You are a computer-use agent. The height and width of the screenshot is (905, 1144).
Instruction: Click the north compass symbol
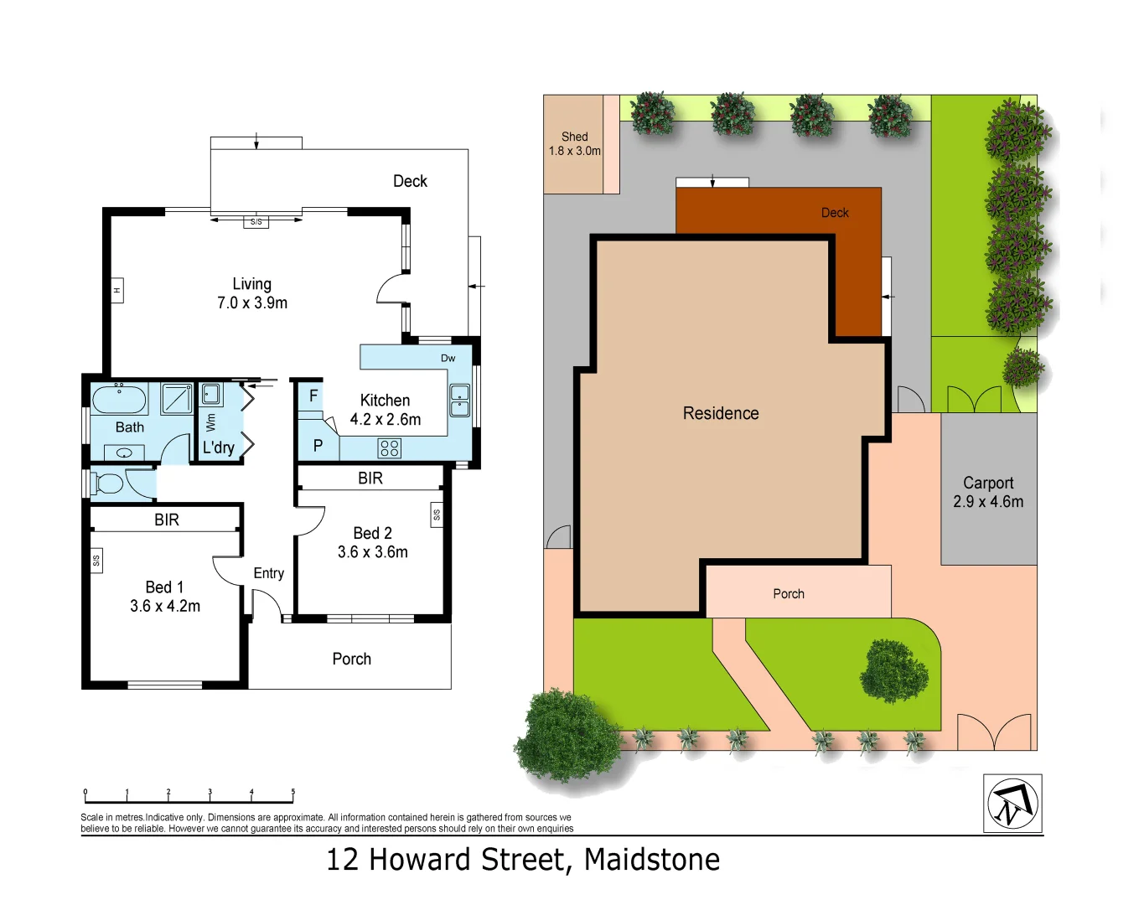[1012, 804]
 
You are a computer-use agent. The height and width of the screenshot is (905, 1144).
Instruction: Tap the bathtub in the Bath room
[119, 399]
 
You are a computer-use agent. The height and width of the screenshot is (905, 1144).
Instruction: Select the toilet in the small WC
[109, 484]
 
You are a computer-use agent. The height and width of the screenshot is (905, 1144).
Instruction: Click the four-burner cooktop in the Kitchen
[390, 448]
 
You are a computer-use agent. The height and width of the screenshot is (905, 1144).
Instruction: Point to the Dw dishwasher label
[448, 358]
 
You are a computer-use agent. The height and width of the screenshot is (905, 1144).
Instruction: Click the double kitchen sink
[459, 401]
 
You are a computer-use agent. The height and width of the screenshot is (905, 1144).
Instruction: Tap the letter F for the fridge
[313, 396]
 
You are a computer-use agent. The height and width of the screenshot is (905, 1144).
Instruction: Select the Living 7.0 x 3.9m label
[252, 293]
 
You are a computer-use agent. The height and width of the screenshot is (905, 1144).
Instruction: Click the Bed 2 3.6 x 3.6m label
[372, 542]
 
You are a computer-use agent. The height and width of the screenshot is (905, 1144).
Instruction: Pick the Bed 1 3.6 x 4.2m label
[165, 597]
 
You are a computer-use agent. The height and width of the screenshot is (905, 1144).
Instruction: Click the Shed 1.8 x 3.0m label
[574, 143]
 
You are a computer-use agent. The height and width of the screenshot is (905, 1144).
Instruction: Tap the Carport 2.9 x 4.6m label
[988, 492]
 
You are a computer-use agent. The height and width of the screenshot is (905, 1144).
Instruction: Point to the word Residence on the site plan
[721, 413]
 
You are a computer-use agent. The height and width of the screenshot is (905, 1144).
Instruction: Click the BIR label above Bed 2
[370, 478]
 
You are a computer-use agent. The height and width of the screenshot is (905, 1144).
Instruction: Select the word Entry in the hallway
[269, 573]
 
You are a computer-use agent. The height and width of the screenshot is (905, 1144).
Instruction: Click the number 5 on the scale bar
[292, 791]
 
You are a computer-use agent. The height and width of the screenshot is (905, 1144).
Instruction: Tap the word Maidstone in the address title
[652, 860]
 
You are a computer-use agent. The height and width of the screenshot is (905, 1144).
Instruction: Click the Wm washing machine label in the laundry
[210, 421]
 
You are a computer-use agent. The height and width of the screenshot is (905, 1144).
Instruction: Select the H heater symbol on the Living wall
[116, 290]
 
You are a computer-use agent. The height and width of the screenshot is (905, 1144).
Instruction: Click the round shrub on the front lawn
[894, 671]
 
